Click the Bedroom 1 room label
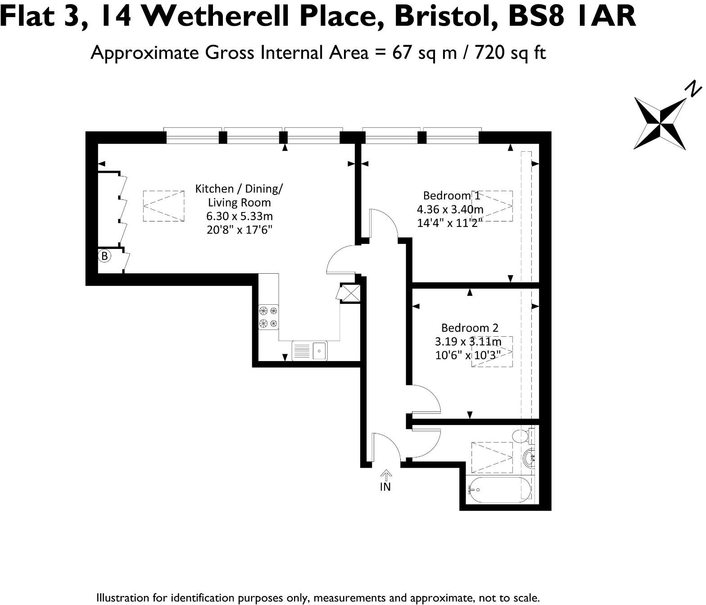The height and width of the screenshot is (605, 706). tap(451, 196)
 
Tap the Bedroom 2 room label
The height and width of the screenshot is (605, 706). tap(470, 328)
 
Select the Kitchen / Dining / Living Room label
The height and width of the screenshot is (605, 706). tap(239, 195)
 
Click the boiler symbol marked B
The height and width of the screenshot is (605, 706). tap(104, 256)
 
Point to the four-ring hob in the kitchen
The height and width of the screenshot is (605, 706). tap(268, 317)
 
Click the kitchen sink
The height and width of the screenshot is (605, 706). tap(310, 351)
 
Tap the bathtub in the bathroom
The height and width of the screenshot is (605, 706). tap(499, 489)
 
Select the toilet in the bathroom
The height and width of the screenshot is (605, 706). tap(522, 436)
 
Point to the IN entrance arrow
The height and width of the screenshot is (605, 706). tap(386, 475)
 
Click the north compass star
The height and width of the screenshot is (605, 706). tap(660, 123)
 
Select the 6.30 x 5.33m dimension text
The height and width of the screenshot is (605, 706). tap(239, 216)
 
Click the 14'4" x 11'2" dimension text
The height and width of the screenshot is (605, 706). tap(450, 223)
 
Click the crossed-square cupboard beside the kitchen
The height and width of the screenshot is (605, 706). tap(350, 293)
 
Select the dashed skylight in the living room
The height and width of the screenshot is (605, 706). tap(163, 206)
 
